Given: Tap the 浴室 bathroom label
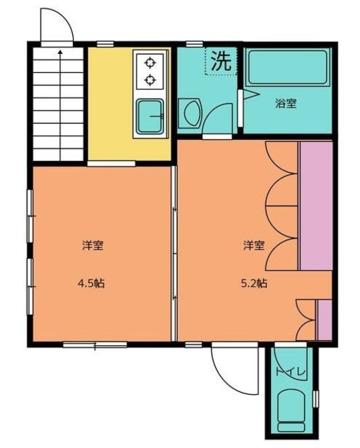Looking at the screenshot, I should click(285, 104).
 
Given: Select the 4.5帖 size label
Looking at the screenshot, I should click(92, 283).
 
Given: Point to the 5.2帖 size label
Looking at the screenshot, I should click(254, 283).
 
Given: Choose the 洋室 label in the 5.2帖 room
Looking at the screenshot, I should click(254, 245).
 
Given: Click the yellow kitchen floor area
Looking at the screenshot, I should click(109, 105).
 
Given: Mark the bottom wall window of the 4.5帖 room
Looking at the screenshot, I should click(95, 344).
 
